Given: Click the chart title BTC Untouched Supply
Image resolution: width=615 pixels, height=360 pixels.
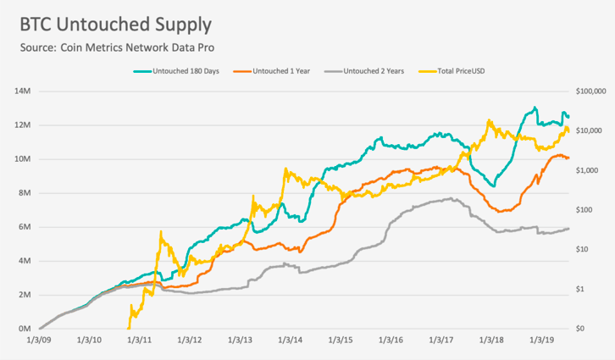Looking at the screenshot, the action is tap(116, 25).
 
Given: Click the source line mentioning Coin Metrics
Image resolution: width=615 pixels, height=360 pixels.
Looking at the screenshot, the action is tap(117, 47).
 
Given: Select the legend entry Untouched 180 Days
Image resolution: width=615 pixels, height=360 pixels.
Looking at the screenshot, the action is tap(176, 71).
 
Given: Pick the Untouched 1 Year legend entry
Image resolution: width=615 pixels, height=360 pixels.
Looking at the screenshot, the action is tap(271, 71).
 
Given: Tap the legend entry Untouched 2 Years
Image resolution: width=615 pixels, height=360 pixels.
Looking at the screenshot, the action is tap(364, 71).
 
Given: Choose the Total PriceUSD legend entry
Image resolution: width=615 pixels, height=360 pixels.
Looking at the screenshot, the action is tap(452, 71).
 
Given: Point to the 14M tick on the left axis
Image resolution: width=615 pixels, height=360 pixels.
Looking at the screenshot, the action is tap(22, 91).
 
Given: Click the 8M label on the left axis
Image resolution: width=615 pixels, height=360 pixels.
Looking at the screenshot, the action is tap(25, 193).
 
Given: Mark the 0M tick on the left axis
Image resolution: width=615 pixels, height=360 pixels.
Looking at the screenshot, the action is tap(25, 329).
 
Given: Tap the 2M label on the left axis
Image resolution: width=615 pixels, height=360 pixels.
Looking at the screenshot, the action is tap(25, 295).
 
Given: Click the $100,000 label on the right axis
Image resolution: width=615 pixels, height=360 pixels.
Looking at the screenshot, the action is tap(590, 91).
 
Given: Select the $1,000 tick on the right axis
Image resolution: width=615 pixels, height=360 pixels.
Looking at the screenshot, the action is tap(587, 170).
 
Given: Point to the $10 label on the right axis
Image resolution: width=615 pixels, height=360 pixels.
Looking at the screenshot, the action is tap(582, 249).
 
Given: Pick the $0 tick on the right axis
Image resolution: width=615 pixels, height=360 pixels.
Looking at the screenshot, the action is tap(580, 329).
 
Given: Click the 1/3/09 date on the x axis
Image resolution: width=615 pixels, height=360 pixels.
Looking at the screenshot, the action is tap(39, 340).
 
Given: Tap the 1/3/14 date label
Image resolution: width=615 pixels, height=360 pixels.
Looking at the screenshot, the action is tap(291, 340).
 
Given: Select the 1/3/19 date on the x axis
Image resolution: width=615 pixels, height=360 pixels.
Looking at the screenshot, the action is tap(542, 340).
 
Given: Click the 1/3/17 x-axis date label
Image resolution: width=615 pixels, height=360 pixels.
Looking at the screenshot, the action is tap(441, 340).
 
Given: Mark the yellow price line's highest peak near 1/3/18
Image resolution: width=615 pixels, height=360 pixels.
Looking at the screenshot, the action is tap(488, 120).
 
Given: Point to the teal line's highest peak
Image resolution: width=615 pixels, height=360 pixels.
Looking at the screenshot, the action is tap(535, 107).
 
